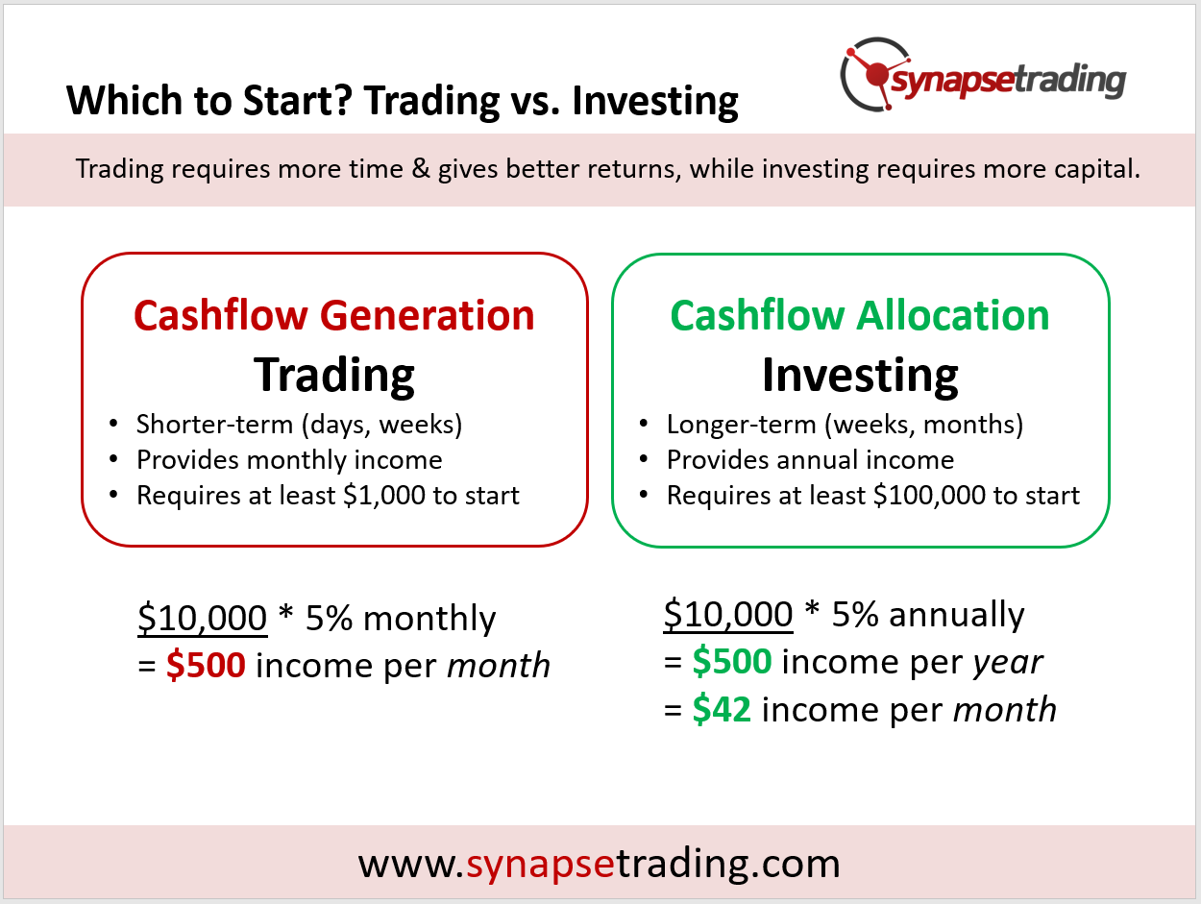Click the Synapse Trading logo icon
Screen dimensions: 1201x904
pyautogui.click(x=875, y=74)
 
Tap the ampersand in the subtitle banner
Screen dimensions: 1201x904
pyautogui.click(x=420, y=168)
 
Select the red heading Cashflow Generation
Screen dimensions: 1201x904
pyautogui.click(x=333, y=315)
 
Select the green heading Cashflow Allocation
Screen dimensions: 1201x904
pyautogui.click(x=860, y=315)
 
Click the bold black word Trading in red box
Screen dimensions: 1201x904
pyautogui.click(x=333, y=376)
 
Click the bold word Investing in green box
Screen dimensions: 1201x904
pyautogui.click(x=860, y=376)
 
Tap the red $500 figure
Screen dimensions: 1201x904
pyautogui.click(x=206, y=665)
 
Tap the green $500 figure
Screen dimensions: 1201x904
pyautogui.click(x=731, y=662)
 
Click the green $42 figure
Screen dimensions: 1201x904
pyautogui.click(x=722, y=709)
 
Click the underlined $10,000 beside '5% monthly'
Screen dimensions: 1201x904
pyautogui.click(x=203, y=618)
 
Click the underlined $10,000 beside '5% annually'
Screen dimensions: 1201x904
pyautogui.click(x=728, y=615)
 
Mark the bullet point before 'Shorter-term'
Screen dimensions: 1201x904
pyautogui.click(x=113, y=424)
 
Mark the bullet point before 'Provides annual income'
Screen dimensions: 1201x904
pyautogui.click(x=644, y=459)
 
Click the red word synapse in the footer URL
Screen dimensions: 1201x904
pyautogui.click(x=541, y=865)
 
